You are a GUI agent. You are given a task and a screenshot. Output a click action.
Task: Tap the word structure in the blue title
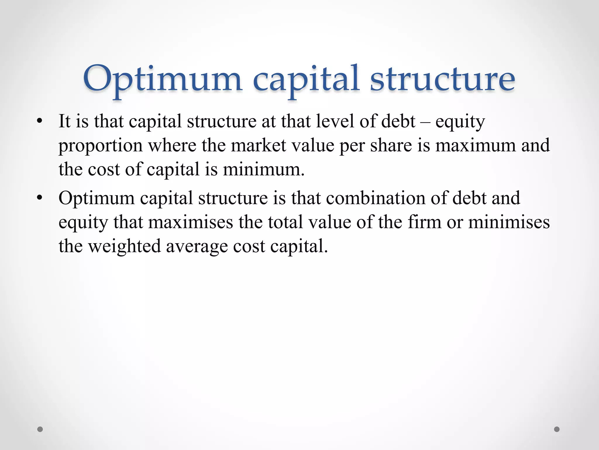coord(442,79)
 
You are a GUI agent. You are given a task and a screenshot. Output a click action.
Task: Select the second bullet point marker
coord(40,198)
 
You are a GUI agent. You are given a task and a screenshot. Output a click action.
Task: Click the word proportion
coord(100,146)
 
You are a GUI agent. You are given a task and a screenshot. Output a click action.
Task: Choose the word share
coord(391,145)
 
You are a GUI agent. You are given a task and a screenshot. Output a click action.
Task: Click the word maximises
coord(190,222)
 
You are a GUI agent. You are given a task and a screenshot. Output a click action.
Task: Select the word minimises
coord(509,222)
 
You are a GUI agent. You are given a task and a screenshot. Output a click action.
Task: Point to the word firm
coord(424,222)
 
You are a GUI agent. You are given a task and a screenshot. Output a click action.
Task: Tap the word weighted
coord(124,246)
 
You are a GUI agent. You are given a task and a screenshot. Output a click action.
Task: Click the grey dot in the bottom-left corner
coord(40,429)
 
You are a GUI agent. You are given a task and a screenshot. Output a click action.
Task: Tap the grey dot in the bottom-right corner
coord(557,429)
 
